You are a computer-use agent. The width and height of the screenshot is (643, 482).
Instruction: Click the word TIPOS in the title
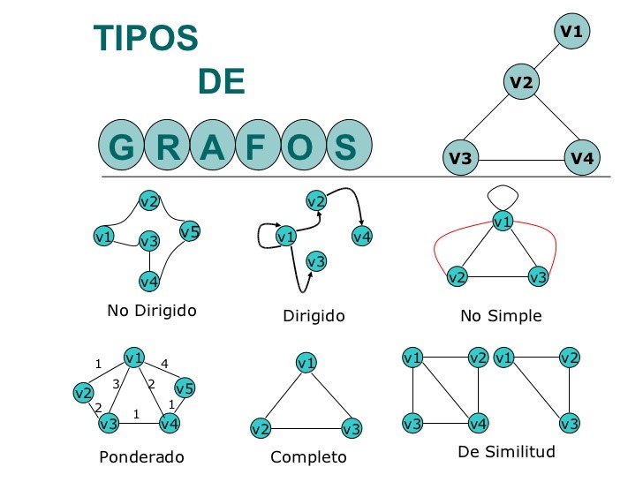pos(146,37)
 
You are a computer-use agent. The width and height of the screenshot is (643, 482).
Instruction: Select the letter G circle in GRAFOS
pos(123,147)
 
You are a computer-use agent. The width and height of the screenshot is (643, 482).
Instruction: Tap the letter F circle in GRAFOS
pos(254,147)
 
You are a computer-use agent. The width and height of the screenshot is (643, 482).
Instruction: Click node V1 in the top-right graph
pos(572,32)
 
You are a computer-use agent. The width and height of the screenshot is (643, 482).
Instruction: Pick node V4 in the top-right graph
pos(582,158)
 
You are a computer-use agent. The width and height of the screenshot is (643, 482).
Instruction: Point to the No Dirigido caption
pos(152,311)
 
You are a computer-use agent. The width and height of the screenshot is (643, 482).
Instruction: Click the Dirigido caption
pos(314,315)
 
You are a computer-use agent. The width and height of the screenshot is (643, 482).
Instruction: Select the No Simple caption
pos(501,315)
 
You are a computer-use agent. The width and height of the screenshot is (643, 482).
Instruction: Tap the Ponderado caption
pos(142,457)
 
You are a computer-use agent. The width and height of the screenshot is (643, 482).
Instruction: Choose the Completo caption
pos(308,457)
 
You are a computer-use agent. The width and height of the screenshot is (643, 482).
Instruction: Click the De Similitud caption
pos(506,452)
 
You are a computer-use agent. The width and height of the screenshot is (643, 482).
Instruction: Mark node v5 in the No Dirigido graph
pos(190,232)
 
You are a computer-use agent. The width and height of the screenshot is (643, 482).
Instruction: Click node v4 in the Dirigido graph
pos(362,236)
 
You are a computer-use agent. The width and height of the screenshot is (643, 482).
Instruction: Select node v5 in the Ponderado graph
pos(184,388)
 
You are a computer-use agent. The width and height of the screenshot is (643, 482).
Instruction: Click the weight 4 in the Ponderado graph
pos(164,363)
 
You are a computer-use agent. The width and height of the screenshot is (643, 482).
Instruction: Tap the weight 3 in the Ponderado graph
pos(116,383)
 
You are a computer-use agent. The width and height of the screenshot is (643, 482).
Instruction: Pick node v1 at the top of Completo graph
pos(306,363)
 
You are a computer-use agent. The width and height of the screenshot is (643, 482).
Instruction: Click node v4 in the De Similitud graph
pos(478,423)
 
